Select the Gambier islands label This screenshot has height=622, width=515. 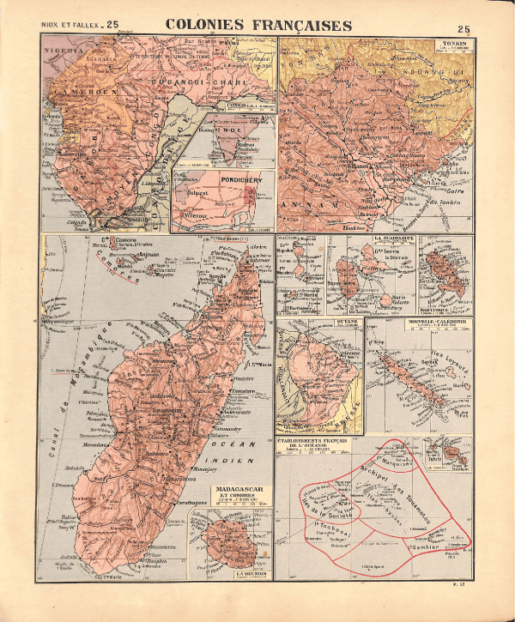pyautogui.click(x=422, y=545)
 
